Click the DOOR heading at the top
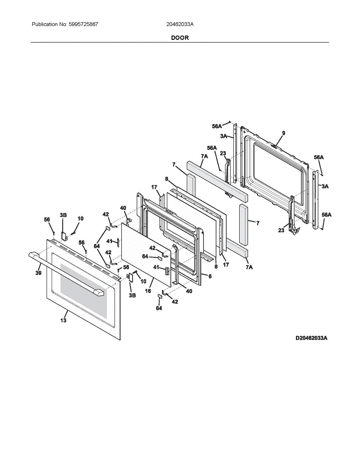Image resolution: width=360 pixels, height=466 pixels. pos(180,38)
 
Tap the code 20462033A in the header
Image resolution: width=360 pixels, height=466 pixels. pos(180,24)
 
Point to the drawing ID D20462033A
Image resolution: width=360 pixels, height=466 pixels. pos(311,338)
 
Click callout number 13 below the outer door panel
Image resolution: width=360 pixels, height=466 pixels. pos(63,320)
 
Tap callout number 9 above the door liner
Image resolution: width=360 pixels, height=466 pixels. pos(283,133)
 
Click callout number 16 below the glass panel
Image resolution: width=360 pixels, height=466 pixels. pos(148,290)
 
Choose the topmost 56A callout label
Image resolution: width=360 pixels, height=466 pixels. pos(217,126)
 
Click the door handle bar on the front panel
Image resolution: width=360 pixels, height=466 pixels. pos(66,274)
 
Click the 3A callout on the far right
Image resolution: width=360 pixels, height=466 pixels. pos(325,186)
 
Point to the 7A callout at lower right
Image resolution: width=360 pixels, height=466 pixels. pos(249,268)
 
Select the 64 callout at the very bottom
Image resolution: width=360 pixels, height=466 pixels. pos(159,308)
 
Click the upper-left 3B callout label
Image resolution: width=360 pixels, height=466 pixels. pos(63,215)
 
